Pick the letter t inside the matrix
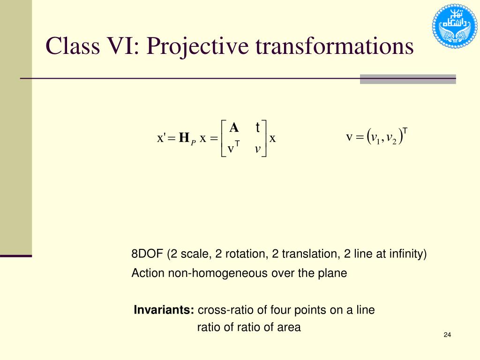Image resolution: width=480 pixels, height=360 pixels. (258, 127)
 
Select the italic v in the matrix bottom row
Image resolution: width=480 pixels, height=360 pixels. (258, 149)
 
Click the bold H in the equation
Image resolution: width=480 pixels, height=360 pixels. (184, 138)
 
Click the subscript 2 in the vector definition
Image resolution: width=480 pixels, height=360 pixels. (394, 141)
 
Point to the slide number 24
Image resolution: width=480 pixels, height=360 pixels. (447, 335)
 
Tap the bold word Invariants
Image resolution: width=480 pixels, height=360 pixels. (164, 310)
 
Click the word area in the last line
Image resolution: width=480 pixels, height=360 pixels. (289, 327)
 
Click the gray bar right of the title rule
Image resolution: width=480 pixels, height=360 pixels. (408, 79)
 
